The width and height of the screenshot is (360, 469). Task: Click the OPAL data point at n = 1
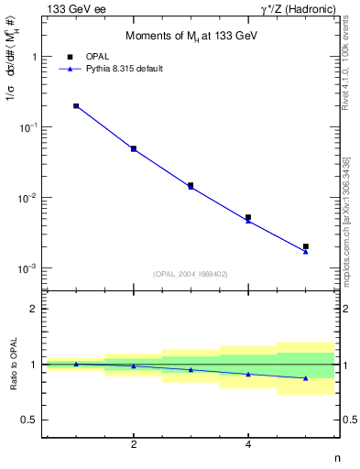click(76, 106)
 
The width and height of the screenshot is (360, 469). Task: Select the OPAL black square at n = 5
click(306, 246)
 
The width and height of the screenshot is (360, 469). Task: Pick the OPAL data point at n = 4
click(248, 218)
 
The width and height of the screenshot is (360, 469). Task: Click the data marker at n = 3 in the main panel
click(191, 185)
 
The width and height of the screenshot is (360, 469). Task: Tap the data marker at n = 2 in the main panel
click(134, 148)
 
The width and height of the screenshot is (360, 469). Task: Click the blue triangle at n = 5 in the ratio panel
click(306, 378)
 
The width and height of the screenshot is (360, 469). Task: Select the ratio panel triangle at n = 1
click(76, 365)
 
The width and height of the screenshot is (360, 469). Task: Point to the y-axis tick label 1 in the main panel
click(34, 57)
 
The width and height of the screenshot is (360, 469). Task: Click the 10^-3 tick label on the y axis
click(28, 268)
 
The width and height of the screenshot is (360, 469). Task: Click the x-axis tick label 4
click(248, 445)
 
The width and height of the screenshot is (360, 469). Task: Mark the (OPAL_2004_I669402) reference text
click(191, 273)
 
